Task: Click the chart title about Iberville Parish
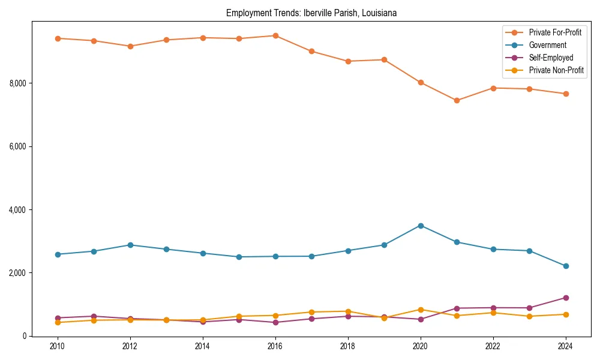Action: (311, 13)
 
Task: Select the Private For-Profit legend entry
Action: (555, 32)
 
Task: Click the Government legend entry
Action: (547, 45)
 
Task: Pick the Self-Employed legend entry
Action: (551, 58)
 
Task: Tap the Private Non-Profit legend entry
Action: (556, 70)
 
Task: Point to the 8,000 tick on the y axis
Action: (18, 83)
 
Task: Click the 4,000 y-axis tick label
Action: (18, 210)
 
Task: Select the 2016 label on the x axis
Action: (275, 346)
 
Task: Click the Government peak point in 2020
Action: (421, 226)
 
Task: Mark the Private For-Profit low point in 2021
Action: (457, 100)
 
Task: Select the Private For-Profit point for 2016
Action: (275, 35)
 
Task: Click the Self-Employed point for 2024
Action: (566, 298)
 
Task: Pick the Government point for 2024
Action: (566, 266)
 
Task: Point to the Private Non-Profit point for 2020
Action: (421, 310)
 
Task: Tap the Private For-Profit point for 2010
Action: (58, 38)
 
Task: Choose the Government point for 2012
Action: (130, 245)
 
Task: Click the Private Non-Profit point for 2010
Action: (58, 322)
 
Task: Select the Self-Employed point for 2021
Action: (457, 308)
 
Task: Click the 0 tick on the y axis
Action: (25, 337)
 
